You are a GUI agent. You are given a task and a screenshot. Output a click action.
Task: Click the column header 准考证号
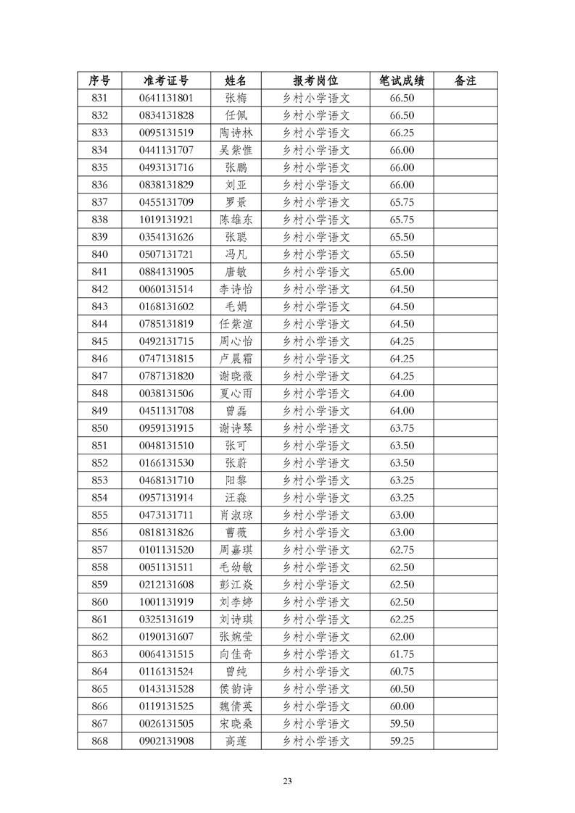[166, 80]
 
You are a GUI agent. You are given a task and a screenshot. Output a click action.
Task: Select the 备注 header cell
[465, 80]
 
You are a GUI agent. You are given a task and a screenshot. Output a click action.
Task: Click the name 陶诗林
[236, 133]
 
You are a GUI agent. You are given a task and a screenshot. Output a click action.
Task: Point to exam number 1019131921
[166, 220]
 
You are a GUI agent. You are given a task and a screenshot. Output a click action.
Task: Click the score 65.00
[402, 272]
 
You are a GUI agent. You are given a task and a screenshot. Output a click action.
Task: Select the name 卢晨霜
[236, 359]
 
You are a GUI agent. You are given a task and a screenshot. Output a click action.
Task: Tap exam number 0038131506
[166, 393]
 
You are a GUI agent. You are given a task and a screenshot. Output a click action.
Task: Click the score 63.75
[402, 428]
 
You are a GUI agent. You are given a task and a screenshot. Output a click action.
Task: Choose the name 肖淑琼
[236, 515]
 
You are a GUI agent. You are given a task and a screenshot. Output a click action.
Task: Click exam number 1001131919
[166, 602]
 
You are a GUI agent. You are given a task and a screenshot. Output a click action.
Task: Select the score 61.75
[402, 654]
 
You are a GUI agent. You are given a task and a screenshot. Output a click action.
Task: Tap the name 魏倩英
[236, 706]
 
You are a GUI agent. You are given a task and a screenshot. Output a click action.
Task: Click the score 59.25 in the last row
[402, 741]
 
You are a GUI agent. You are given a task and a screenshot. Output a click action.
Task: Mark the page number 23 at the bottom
[287, 780]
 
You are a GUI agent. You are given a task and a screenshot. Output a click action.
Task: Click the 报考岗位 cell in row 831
[315, 98]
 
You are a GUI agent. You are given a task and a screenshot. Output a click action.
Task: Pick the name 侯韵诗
[236, 689]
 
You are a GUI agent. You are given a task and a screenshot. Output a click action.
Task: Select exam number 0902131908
[166, 741]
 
